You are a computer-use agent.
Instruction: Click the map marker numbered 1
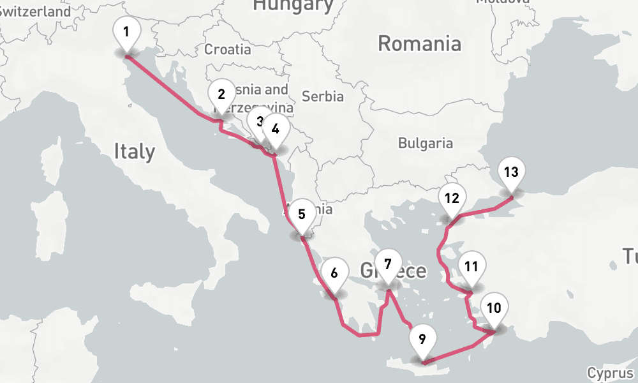126,33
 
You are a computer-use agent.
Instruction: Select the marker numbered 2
221,95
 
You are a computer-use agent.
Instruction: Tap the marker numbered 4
275,129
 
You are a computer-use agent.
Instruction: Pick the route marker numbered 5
302,214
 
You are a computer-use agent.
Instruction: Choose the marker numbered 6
334,273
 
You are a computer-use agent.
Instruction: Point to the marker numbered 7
388,262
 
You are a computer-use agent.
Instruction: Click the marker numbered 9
422,339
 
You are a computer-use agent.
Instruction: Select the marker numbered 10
494,308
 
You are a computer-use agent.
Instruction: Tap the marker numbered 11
471,267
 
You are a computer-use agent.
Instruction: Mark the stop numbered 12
452,198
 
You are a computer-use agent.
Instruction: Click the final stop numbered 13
510,172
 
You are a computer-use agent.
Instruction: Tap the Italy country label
134,151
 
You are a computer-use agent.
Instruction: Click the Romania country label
419,44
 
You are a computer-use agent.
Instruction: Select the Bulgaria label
425,144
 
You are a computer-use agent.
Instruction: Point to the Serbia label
323,96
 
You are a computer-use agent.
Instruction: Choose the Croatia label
228,49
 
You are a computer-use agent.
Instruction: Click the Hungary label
293,6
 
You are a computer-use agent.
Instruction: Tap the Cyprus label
611,373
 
